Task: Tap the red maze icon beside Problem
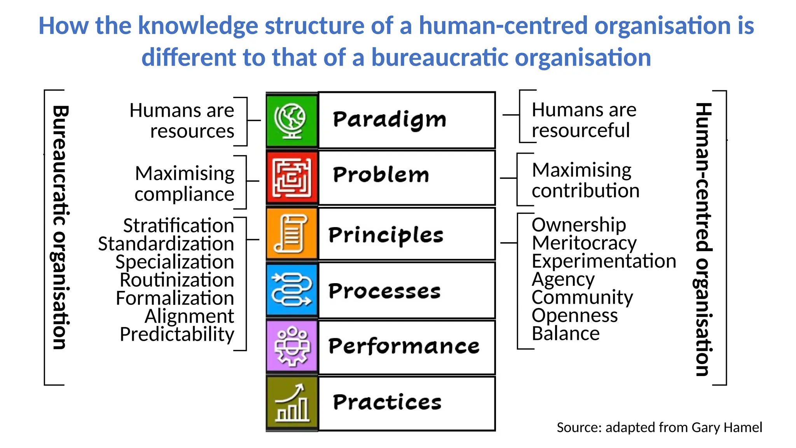pos(292,178)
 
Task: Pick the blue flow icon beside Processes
pos(292,290)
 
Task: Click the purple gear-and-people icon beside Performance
pos(292,346)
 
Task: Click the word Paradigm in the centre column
pos(389,120)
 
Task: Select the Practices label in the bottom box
pos(387,402)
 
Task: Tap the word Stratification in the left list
pos(178,226)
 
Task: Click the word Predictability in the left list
pos(177,334)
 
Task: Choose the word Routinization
pos(177,280)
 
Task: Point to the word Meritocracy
pos(584,243)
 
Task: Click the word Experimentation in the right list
pos(604,261)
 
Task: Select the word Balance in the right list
pos(566,334)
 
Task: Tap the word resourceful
pos(581,131)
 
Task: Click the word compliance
pos(184,194)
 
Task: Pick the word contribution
pos(585,191)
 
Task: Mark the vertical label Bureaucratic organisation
pos(60,227)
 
